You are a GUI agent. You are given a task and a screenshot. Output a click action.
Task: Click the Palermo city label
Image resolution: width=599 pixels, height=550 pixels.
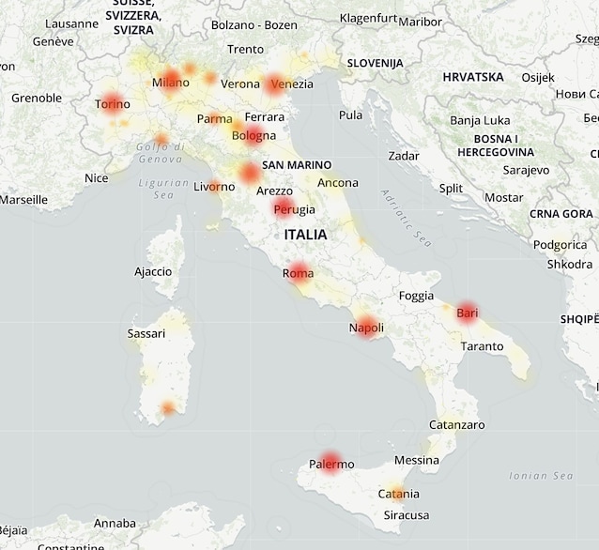click(331, 464)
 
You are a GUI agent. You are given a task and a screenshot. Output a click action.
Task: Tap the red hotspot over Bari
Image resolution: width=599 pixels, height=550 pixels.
click(467, 313)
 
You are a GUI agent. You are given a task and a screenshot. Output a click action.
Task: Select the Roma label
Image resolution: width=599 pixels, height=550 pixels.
click(298, 273)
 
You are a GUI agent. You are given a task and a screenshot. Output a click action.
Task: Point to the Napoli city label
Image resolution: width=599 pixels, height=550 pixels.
click(366, 328)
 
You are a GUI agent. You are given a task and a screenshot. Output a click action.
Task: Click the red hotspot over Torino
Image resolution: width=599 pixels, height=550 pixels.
click(112, 103)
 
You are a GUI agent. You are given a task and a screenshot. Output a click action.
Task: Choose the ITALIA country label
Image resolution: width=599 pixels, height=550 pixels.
click(305, 235)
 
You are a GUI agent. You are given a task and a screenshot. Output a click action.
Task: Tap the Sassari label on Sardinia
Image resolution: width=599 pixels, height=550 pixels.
click(146, 333)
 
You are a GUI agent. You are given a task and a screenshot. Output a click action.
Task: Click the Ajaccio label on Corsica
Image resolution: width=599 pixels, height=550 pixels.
click(153, 271)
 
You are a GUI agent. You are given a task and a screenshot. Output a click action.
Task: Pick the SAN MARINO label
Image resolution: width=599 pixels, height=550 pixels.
click(297, 165)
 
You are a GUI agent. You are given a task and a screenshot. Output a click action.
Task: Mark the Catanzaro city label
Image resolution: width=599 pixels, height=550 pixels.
click(456, 425)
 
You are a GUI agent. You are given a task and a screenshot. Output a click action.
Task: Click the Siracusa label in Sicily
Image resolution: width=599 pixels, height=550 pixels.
click(407, 515)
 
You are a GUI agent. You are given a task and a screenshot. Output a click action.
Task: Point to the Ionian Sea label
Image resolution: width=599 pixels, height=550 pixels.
click(541, 476)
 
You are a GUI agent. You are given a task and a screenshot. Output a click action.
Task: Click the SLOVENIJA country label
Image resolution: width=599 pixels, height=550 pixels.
click(375, 63)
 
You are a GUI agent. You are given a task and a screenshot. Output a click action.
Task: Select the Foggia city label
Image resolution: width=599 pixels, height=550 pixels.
click(416, 296)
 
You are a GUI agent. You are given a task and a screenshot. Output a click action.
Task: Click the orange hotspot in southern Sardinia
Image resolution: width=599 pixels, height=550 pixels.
click(168, 408)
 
